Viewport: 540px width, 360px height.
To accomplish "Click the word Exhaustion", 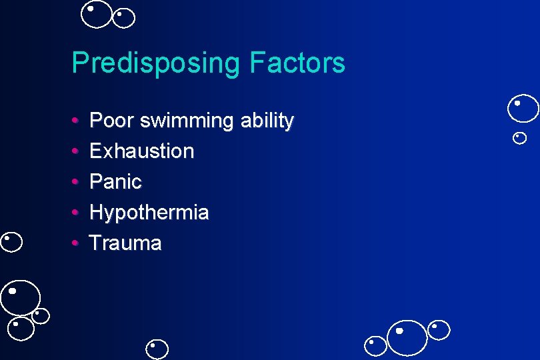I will click(x=141, y=151).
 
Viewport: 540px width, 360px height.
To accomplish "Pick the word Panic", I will click(x=115, y=182).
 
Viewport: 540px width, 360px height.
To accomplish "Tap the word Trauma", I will click(x=125, y=243).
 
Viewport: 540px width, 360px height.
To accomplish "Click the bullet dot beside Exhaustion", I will click(x=75, y=152).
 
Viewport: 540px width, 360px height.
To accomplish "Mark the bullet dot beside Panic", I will click(x=75, y=182).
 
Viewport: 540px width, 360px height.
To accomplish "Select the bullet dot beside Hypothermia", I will click(x=75, y=213).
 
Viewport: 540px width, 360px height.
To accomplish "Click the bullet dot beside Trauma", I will click(x=75, y=243).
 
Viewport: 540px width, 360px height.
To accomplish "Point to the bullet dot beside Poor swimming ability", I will click(x=75, y=121).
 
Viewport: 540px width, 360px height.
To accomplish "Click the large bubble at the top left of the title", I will click(x=97, y=14).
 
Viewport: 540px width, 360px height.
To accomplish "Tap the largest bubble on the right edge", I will click(x=523, y=109).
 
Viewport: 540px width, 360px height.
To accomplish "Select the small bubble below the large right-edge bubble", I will click(x=520, y=138).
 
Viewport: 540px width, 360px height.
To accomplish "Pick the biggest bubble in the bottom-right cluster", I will click(x=407, y=337).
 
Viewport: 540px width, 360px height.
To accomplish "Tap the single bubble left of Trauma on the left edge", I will click(x=12, y=241).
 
